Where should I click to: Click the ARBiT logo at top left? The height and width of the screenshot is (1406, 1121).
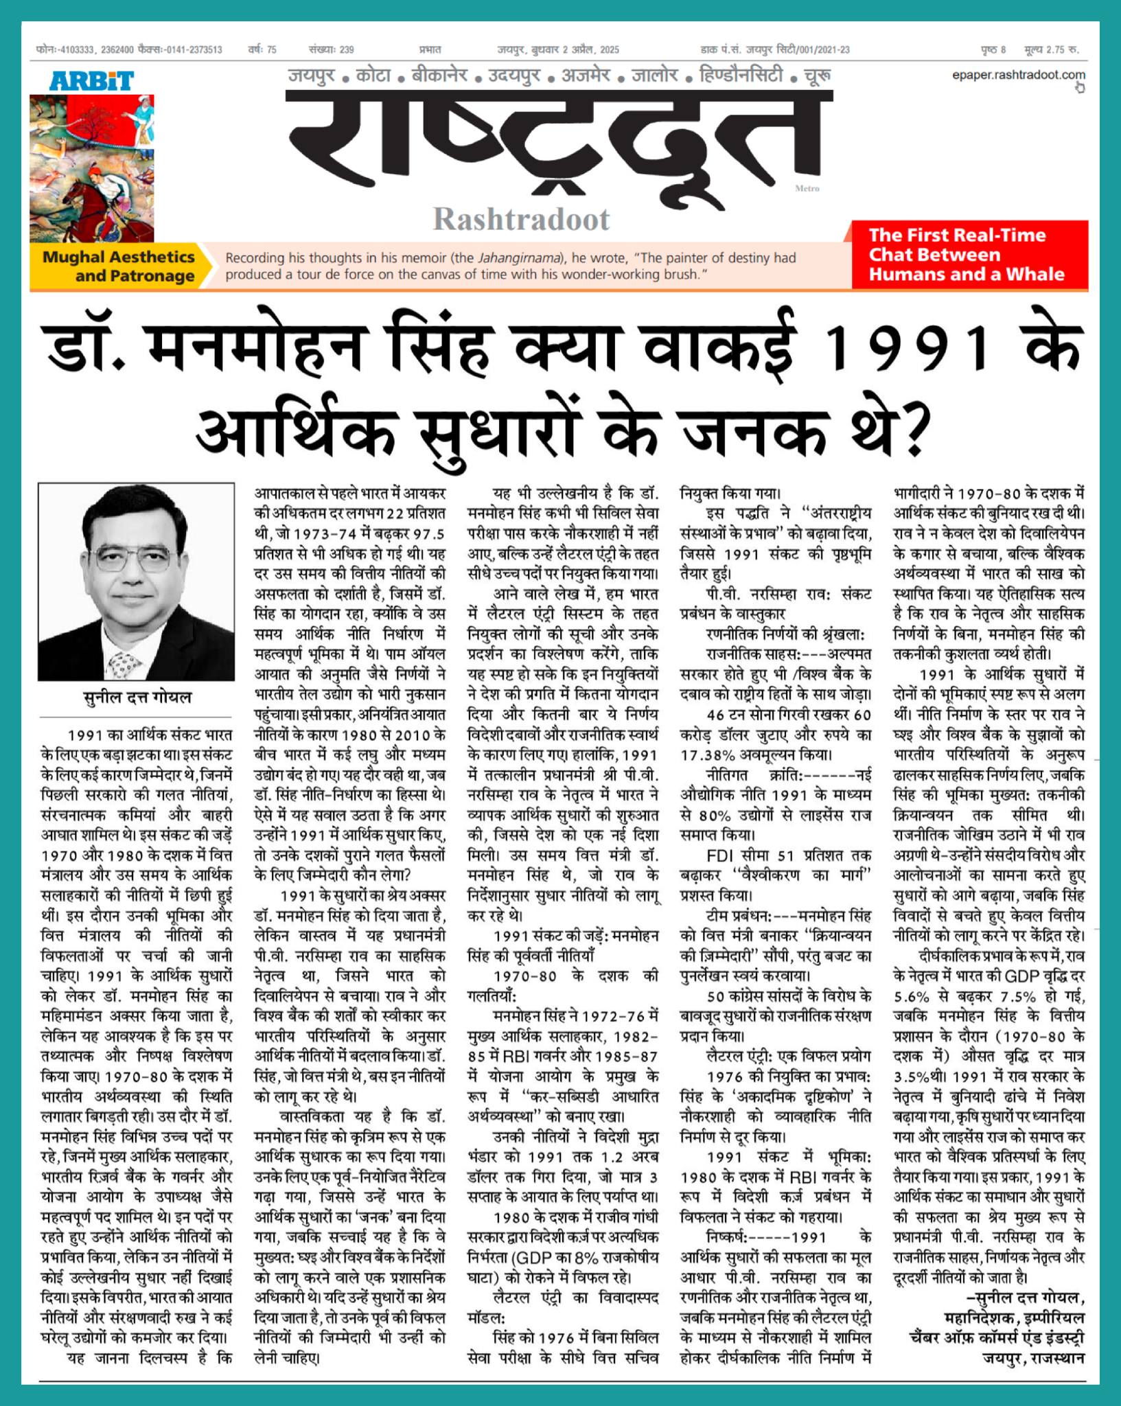click(x=91, y=81)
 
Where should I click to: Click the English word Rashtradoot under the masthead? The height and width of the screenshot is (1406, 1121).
click(x=521, y=220)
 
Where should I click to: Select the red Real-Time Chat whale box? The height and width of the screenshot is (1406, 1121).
click(x=969, y=255)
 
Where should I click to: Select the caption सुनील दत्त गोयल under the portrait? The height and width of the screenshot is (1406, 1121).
click(x=137, y=698)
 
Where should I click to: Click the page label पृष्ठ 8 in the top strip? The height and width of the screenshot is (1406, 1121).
click(x=993, y=49)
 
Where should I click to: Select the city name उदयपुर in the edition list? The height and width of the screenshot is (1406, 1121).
click(x=514, y=76)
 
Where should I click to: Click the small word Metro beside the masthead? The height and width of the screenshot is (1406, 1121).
click(x=807, y=189)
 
